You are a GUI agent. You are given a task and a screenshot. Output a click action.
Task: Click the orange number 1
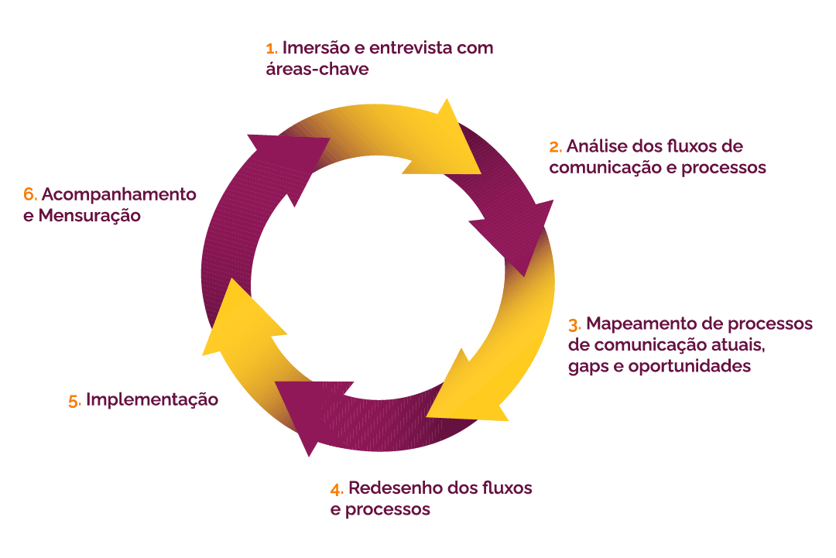[270, 49]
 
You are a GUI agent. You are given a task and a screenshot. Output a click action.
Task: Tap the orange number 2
[555, 147]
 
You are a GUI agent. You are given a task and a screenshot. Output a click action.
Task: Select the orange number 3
[574, 324]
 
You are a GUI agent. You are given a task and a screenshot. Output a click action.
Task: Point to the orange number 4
[336, 489]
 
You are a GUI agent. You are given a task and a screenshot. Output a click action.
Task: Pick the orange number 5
[74, 401]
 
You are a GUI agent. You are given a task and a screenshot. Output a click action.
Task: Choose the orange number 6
[30, 194]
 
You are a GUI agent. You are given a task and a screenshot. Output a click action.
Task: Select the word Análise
[598, 146]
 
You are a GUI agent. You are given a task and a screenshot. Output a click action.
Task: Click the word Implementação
[152, 400]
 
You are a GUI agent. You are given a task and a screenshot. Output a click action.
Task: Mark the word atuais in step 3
[745, 345]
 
